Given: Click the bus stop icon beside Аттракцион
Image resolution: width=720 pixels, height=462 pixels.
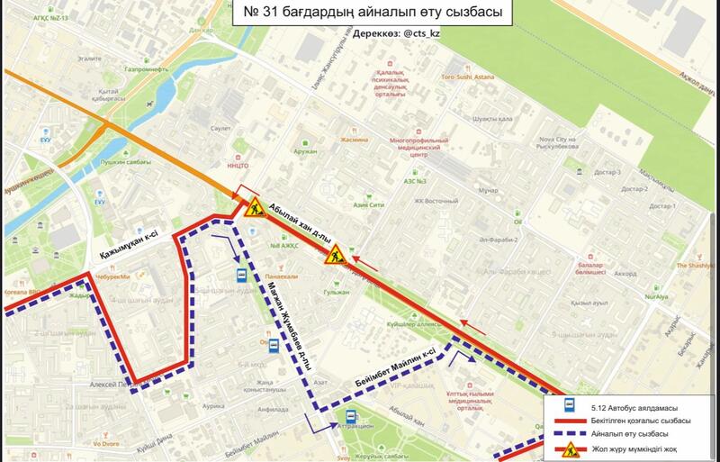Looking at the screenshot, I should [350, 417].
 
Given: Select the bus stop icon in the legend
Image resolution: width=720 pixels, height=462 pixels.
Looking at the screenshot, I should [570, 407].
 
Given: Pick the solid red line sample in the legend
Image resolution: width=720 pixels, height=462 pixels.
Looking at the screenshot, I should [570, 421].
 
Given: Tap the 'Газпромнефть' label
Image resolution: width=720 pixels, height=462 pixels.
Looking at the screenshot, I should [148, 68].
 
